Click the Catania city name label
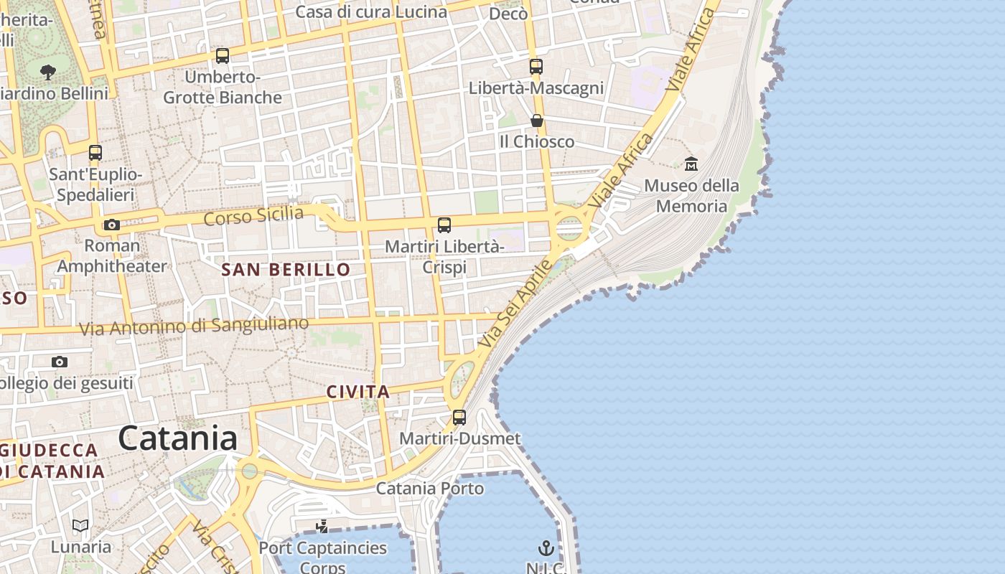click(x=177, y=438)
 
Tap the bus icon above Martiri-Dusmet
click(x=459, y=417)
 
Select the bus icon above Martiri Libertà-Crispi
click(x=444, y=225)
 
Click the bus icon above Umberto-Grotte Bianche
click(x=223, y=56)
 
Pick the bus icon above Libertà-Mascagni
click(x=536, y=67)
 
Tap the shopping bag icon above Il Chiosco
click(x=537, y=121)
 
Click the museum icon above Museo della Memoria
click(x=691, y=164)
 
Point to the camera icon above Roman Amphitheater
click(x=111, y=225)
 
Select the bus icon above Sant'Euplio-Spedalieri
click(x=95, y=153)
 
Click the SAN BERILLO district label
click(x=286, y=270)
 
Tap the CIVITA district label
click(x=358, y=392)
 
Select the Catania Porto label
click(x=430, y=489)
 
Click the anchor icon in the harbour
click(x=546, y=549)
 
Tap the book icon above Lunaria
click(x=80, y=526)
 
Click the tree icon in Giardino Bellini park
click(x=48, y=72)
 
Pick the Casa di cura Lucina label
click(x=371, y=12)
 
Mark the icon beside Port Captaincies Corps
click(x=322, y=527)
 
